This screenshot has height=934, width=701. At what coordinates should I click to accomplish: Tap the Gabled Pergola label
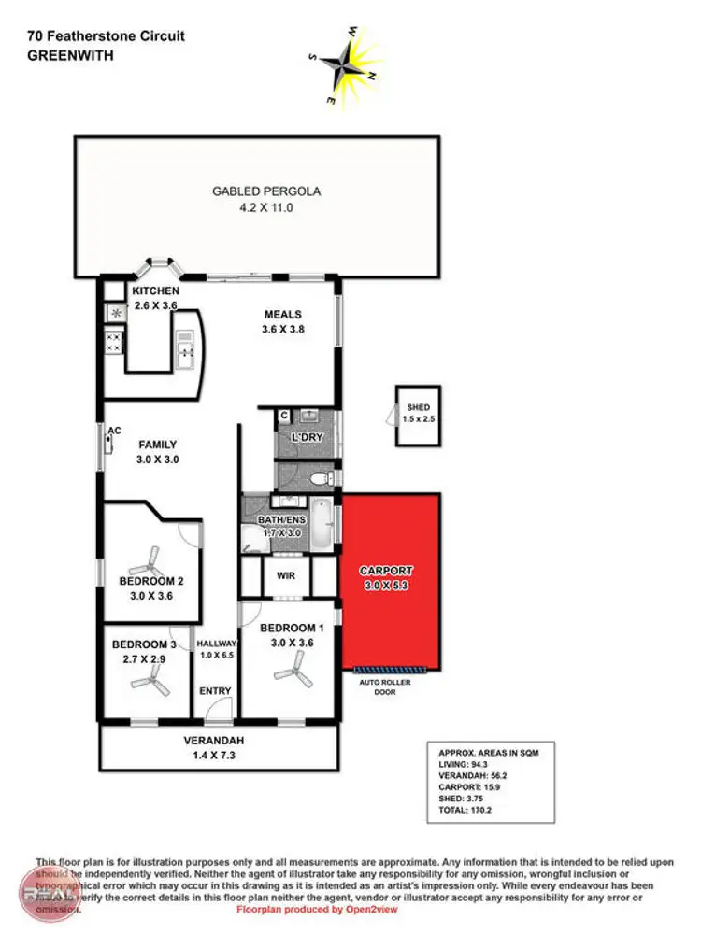[x=266, y=191]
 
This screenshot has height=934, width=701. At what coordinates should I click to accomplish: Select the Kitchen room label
[x=155, y=291]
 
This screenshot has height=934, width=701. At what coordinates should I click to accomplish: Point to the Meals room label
[x=283, y=314]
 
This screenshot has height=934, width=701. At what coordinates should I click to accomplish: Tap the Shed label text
[x=418, y=407]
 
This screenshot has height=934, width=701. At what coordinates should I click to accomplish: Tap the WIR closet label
[x=286, y=576]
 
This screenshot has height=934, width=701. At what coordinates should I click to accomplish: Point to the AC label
[x=115, y=431]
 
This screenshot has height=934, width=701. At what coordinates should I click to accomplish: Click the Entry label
[x=215, y=691]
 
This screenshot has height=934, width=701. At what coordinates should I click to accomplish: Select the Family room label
[x=158, y=446]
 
